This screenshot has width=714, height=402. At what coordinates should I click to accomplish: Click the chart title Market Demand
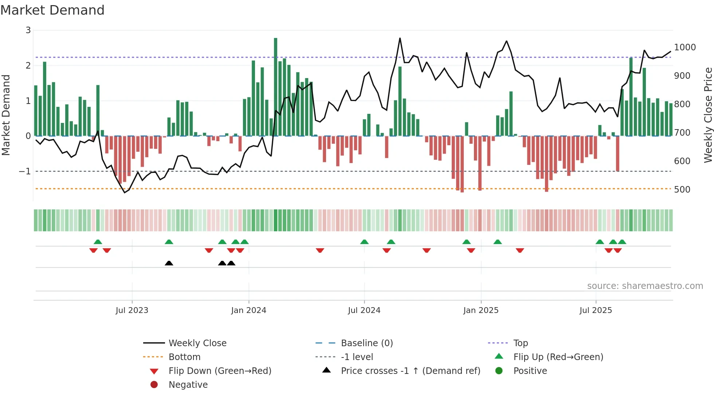52,10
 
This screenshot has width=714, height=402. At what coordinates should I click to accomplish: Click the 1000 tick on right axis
684,47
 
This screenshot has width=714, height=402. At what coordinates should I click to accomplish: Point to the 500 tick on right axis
682,190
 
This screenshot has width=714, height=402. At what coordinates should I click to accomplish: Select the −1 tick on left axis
25,171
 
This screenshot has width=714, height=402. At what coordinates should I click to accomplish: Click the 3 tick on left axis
28,30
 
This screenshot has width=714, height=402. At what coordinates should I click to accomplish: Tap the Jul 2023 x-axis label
132,310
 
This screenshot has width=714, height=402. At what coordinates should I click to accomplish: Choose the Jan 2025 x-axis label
481,310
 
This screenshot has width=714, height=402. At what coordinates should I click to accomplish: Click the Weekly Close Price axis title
708,115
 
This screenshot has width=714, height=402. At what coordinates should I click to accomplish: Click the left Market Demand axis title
6,115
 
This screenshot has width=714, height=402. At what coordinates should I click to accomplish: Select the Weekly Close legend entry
197,343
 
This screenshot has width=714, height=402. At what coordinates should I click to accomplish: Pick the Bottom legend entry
184,357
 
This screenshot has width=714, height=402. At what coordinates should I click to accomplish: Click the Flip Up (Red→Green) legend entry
558,357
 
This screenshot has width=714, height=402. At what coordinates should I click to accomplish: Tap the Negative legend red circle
154,385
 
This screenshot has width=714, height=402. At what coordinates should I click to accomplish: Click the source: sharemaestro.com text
645,286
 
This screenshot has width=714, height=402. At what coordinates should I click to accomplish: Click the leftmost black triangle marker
169,263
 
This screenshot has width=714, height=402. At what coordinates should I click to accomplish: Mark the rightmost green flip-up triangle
622,242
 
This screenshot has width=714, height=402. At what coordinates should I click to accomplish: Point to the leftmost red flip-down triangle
93,250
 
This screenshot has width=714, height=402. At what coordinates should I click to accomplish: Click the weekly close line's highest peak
400,38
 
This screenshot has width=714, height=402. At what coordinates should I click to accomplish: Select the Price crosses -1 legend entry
411,371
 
